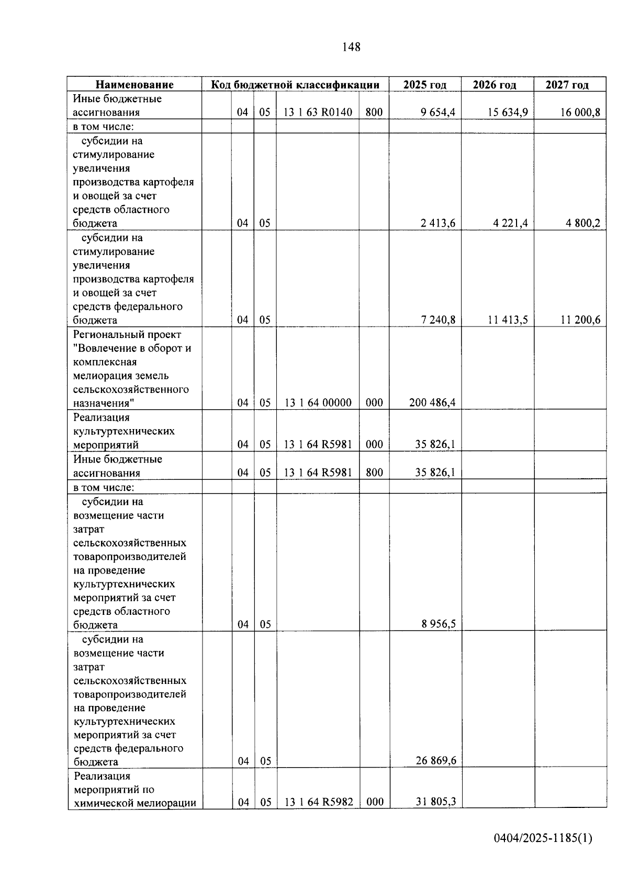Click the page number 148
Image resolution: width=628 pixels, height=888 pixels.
(351, 47)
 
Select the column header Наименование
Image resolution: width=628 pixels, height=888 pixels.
(134, 85)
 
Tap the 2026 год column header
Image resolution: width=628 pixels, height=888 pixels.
(495, 85)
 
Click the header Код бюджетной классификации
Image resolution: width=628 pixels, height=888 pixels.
(295, 85)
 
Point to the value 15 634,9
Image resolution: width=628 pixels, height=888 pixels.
(508, 112)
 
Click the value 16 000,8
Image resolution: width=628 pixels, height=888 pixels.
(580, 112)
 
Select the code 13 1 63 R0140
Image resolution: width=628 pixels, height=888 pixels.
(318, 112)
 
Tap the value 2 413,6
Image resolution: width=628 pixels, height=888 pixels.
(438, 223)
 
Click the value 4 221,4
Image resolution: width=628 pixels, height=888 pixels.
(510, 223)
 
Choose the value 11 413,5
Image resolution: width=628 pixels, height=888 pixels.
(508, 320)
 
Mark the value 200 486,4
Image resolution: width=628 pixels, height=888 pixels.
(432, 402)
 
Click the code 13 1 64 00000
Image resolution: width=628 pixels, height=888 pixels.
(318, 402)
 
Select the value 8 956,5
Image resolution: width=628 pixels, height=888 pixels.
(439, 624)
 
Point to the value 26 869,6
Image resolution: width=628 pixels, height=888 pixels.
(436, 760)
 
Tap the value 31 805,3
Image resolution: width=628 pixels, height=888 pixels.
(436, 802)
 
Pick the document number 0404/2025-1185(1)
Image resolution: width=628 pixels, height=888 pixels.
(543, 838)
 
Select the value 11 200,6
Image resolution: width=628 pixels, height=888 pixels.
(580, 320)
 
